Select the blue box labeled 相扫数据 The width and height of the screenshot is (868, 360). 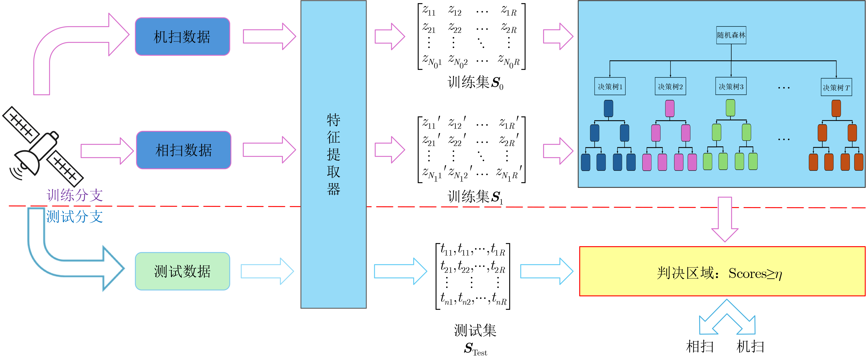(184, 150)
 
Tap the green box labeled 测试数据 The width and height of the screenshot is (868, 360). (182, 271)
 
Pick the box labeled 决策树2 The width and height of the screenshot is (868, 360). (670, 87)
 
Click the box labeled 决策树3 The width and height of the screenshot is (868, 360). (731, 87)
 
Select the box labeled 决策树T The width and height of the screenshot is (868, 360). (836, 87)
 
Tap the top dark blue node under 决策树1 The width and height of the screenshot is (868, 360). (609, 108)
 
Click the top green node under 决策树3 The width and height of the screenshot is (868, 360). (730, 108)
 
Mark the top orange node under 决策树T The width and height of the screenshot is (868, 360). (836, 108)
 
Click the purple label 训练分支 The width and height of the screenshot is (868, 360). (75, 195)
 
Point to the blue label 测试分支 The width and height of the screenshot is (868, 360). (75, 217)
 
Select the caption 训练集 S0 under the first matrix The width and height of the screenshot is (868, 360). (475, 82)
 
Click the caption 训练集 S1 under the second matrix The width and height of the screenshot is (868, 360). (475, 197)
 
